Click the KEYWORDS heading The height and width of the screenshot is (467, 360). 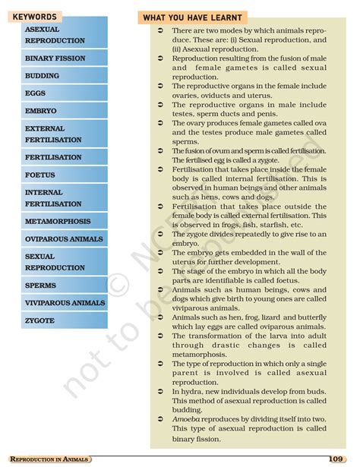pyautogui.click(x=35, y=17)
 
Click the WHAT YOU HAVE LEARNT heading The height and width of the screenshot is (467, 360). pyautogui.click(x=192, y=17)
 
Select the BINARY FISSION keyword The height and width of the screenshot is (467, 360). pyautogui.click(x=55, y=58)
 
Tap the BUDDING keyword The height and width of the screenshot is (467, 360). pyautogui.click(x=42, y=76)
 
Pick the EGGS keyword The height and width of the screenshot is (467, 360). pyautogui.click(x=36, y=93)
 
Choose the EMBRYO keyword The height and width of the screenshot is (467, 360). pyautogui.click(x=40, y=111)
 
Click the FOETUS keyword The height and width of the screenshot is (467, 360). pyautogui.click(x=39, y=175)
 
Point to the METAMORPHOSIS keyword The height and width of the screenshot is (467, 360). pyautogui.click(x=58, y=222)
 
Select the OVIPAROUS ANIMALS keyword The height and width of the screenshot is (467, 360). pyautogui.click(x=64, y=239)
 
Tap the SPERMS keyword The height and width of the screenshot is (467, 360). pyautogui.click(x=40, y=286)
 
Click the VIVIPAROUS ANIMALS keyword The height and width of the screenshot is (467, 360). pyautogui.click(x=65, y=303)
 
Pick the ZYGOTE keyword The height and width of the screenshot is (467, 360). pyautogui.click(x=39, y=321)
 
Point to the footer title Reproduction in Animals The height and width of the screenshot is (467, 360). pyautogui.click(x=50, y=459)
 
